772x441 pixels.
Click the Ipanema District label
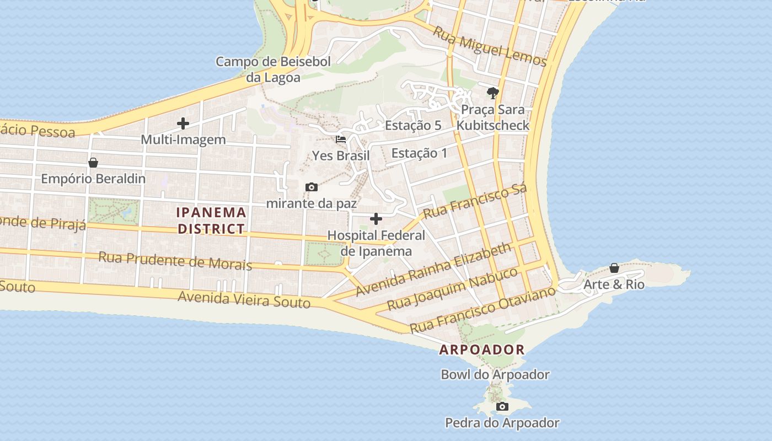[x=211, y=220]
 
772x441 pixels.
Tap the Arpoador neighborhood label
[x=482, y=349]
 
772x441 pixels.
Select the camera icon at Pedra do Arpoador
[x=502, y=407]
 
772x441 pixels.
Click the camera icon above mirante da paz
[x=312, y=187]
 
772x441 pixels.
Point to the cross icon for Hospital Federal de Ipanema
[x=376, y=219]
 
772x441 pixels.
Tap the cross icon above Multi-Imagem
[x=183, y=123]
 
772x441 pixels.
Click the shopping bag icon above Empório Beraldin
[x=93, y=163]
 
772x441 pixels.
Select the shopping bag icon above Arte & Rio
[x=614, y=268]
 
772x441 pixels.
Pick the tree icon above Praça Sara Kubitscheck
[x=492, y=93]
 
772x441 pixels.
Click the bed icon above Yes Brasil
[x=341, y=139]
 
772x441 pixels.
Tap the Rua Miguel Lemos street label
[x=490, y=46]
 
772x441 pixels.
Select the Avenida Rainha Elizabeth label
[x=434, y=270]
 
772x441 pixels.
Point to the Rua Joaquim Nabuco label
[x=452, y=289]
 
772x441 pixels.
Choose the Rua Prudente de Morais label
[x=175, y=261]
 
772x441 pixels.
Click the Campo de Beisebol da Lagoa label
[x=273, y=69]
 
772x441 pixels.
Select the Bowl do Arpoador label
[x=495, y=375]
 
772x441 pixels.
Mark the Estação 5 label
[x=413, y=125]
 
